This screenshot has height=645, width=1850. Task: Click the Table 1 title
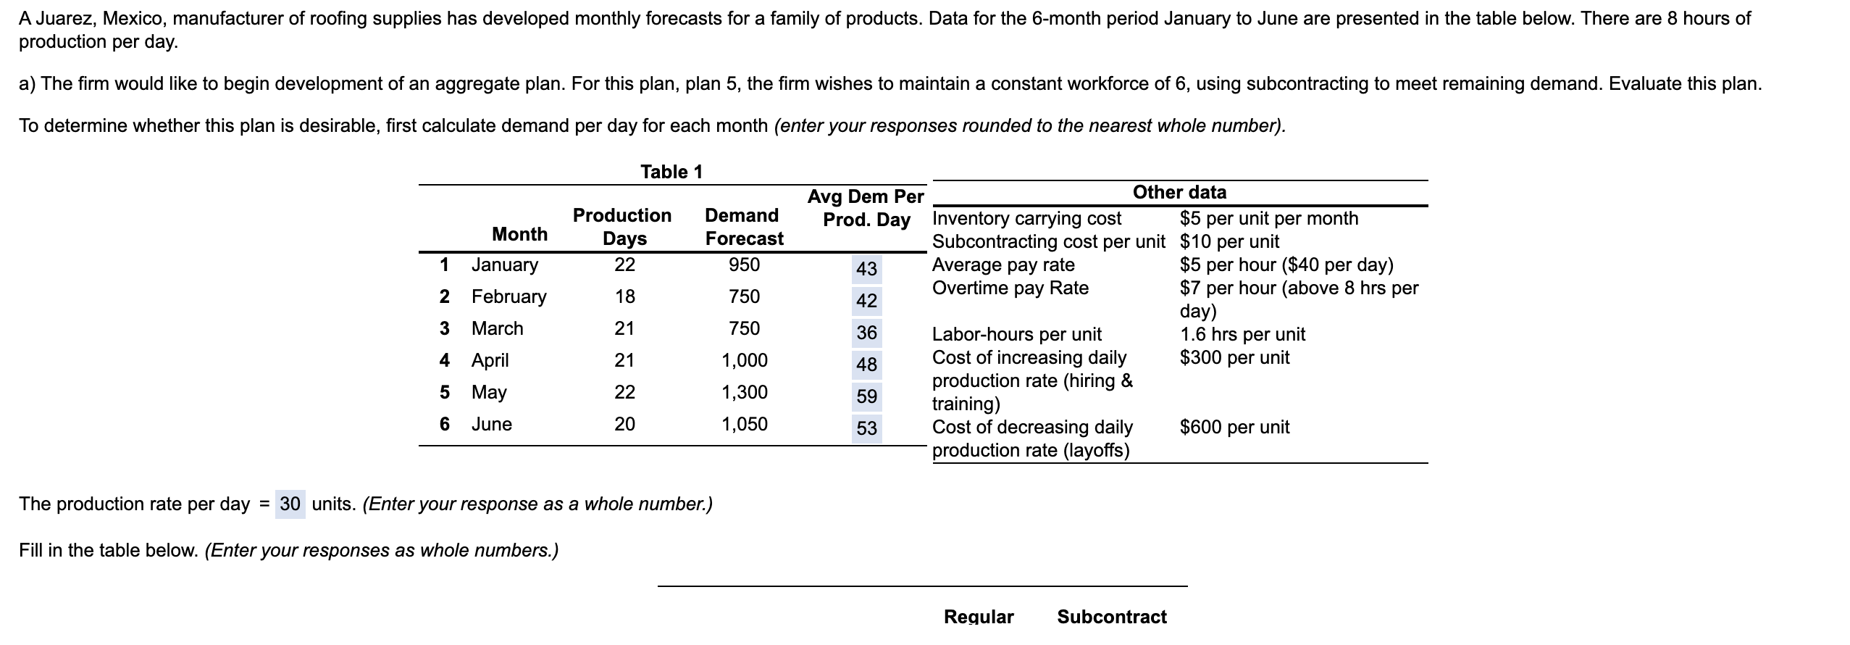pos(671,172)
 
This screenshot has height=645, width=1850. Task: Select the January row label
pos(504,265)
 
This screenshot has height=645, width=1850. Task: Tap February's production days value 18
pos(624,296)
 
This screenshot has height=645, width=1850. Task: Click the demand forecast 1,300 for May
pos(744,392)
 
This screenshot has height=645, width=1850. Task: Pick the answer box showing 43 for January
pos(866,269)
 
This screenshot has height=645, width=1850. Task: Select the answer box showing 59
pos(866,396)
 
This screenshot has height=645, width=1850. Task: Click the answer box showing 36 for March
pos(866,333)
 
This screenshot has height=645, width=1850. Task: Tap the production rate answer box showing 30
pos(290,504)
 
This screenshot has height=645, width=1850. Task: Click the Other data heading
pos(1179,192)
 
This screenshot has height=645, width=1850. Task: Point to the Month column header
pos(519,234)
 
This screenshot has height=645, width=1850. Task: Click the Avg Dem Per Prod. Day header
pos(866,208)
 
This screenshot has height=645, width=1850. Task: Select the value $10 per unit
pos(1229,241)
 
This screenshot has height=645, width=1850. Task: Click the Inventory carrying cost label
pos(1026,218)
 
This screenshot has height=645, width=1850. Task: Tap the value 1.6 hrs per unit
pos(1242,334)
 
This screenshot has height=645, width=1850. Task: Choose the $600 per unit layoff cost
pos(1234,427)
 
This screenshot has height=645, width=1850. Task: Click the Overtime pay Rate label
pos(1010,288)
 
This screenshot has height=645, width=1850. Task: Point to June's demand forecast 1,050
pos(744,424)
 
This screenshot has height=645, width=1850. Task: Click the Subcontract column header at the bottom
pos(1111,617)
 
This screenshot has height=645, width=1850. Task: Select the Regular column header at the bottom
pos(979,617)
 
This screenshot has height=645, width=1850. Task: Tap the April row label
pos(490,360)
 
